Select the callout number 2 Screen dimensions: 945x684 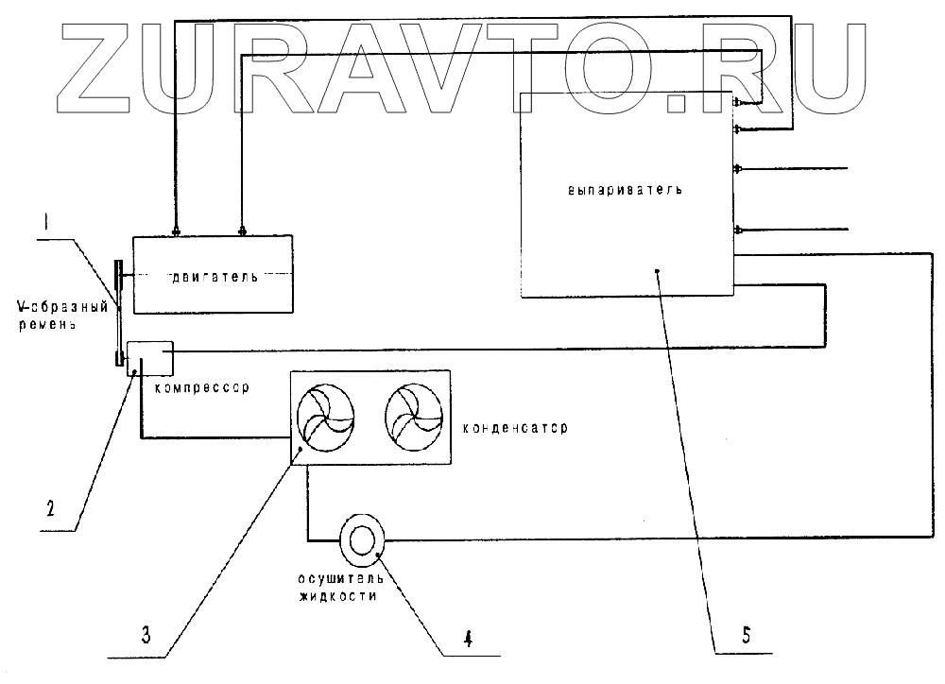point(51,508)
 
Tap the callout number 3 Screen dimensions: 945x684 point(146,635)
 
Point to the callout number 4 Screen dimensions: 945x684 point(469,638)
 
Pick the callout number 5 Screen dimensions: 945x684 point(747,635)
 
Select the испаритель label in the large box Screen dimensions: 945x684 point(625,190)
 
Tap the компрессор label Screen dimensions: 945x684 point(202,387)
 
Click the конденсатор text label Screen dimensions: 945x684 point(515,428)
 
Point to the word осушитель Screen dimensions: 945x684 point(340,578)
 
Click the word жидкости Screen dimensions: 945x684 point(338,596)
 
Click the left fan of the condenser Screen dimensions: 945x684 point(325,418)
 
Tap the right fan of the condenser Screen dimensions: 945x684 point(414,418)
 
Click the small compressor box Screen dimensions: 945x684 point(150,359)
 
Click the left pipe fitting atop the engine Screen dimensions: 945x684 point(176,231)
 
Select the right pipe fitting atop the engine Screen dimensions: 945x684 point(242,231)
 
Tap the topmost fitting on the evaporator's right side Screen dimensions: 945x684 point(736,102)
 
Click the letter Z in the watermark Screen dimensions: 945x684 point(99,67)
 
